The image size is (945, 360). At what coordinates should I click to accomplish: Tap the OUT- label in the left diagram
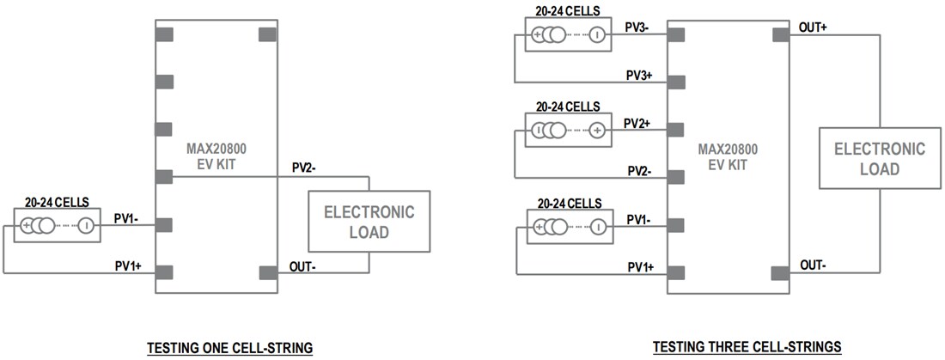(302, 266)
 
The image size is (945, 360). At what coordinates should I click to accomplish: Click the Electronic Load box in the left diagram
(369, 222)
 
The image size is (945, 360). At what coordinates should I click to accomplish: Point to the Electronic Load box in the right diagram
(880, 158)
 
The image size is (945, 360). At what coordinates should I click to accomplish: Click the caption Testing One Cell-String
(229, 347)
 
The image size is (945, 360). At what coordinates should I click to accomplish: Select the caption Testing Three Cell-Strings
(747, 347)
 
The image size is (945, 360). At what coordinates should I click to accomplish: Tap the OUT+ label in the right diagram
(813, 27)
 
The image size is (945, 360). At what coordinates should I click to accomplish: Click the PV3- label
(637, 27)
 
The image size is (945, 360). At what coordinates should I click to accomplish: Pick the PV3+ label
(638, 76)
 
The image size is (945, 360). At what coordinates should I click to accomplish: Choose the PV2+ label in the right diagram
(637, 123)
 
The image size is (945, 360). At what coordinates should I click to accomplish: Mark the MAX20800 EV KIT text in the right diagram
(727, 154)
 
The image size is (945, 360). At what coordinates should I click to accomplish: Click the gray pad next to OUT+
(780, 34)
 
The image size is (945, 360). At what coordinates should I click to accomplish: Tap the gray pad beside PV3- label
(675, 34)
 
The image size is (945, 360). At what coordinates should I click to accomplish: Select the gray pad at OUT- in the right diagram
(780, 273)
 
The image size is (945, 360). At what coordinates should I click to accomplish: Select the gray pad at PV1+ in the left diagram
(164, 272)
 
